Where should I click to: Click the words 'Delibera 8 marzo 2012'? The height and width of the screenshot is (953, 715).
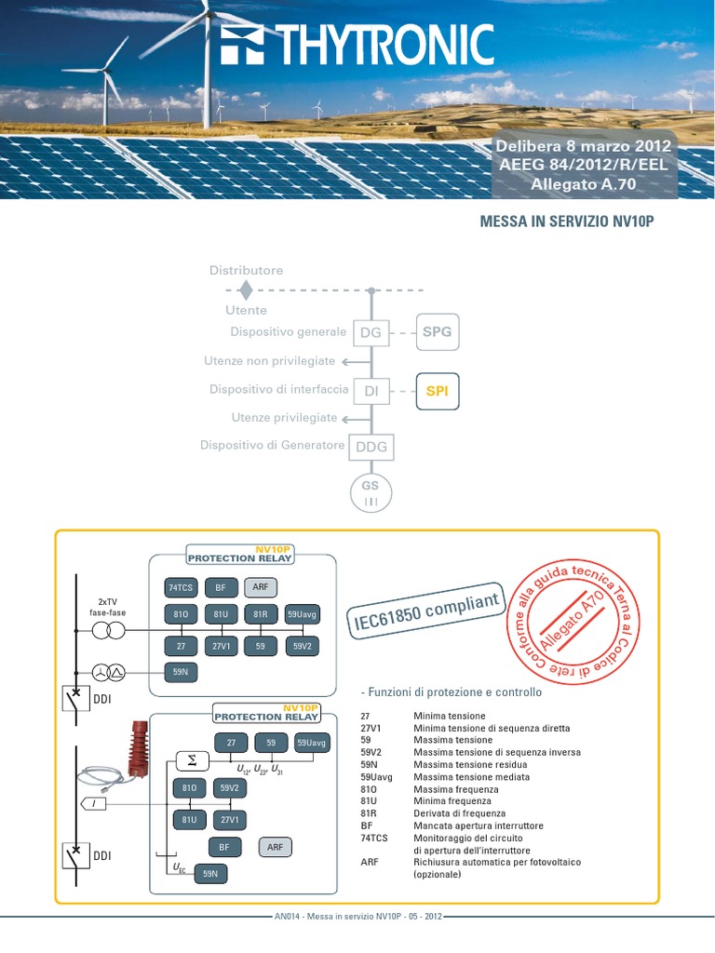583,146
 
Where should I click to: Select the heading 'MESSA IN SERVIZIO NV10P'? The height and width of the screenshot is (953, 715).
560,223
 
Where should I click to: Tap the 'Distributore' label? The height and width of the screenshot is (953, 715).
246,270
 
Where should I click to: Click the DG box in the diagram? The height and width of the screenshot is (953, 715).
371,332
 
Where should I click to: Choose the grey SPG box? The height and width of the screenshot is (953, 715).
437,331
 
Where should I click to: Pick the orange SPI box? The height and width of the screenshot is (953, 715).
437,391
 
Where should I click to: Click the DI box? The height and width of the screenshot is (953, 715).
371,392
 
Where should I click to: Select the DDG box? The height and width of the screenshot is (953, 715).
371,447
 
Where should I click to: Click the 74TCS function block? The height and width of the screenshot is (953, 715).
181,587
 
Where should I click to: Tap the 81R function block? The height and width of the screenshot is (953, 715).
261,615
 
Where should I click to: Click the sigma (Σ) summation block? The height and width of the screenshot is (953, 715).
193,760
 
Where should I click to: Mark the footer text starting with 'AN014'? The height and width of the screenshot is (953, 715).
358,917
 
